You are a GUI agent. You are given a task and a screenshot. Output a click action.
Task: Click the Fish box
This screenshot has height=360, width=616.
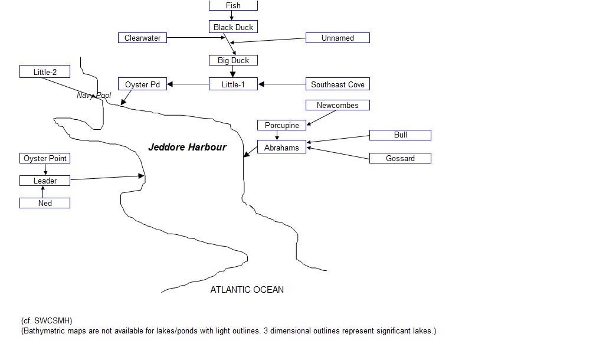click(233, 5)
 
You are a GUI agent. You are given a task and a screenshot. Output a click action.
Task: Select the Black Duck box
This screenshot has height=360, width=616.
click(233, 27)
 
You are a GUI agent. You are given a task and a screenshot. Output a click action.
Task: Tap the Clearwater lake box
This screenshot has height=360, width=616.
click(143, 38)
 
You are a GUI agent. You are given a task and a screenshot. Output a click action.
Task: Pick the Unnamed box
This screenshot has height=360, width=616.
click(338, 38)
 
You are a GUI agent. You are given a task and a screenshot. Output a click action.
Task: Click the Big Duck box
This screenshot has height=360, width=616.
click(233, 60)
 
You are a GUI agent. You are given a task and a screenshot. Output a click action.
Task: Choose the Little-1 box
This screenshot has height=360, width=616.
click(233, 84)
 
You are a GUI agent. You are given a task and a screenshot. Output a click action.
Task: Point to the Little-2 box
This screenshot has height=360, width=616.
click(45, 72)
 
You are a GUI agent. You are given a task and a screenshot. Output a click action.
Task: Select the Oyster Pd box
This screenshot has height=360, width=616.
click(142, 84)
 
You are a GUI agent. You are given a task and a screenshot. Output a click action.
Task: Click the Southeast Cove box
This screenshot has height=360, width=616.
click(338, 84)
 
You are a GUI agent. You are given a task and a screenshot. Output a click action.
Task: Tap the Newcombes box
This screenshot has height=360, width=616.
click(338, 105)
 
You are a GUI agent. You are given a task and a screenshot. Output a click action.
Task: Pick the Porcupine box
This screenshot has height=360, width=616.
click(281, 125)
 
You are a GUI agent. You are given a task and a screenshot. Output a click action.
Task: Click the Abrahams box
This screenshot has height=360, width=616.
click(281, 148)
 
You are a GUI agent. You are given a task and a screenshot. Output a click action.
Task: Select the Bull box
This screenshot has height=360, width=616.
click(400, 135)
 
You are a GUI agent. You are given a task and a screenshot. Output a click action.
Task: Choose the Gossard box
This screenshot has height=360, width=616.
click(400, 158)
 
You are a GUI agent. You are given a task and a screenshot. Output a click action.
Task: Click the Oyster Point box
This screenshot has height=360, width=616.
click(45, 158)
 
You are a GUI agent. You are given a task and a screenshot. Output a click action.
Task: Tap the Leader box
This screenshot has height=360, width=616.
click(45, 181)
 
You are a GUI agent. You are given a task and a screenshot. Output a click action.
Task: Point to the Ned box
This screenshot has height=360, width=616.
click(45, 203)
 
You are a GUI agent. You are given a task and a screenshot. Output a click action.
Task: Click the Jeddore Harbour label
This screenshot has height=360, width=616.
click(187, 148)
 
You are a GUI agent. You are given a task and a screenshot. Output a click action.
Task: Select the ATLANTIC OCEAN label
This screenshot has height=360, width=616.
click(247, 290)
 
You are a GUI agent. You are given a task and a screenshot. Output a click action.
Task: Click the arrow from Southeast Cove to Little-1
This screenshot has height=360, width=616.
click(282, 84)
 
